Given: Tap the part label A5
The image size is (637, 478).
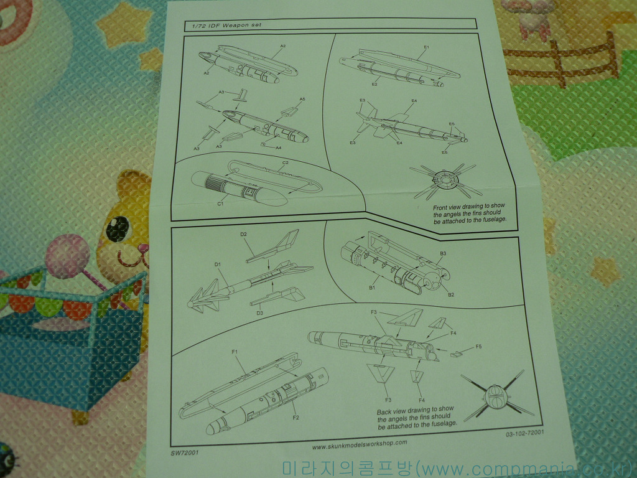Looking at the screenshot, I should tap(302, 100).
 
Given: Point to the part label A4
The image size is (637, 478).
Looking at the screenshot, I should tap(278, 148).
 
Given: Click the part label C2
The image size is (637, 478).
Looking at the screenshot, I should tap(285, 163).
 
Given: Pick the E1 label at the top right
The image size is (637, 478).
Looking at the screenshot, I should tap(426, 47).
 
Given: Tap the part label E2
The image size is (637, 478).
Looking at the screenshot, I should tap(374, 84).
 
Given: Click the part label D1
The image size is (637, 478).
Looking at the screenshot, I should tap(218, 265).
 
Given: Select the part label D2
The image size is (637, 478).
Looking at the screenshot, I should tap(244, 235).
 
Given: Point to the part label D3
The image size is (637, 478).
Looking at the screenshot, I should tap(260, 312).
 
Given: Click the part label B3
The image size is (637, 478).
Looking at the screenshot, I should tap(443, 253).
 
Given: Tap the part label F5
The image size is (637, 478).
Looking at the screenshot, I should tap(478, 346).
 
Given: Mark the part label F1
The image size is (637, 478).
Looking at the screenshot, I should tap(235, 352).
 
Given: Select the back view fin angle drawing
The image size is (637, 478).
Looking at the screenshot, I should tap(496, 395).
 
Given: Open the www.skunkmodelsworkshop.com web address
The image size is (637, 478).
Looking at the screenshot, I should tap(359, 444).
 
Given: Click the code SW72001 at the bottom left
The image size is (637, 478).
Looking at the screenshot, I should tap(185, 453).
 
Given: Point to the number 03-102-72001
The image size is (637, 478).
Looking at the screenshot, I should tap(521, 433).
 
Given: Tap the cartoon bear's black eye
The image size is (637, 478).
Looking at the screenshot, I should tap(116, 229).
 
